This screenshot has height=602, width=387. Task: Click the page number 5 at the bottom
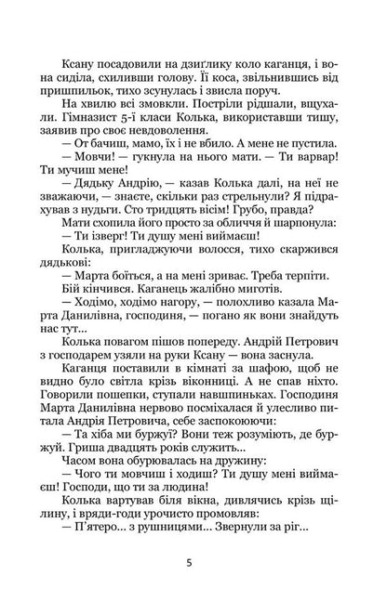click(193, 560)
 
